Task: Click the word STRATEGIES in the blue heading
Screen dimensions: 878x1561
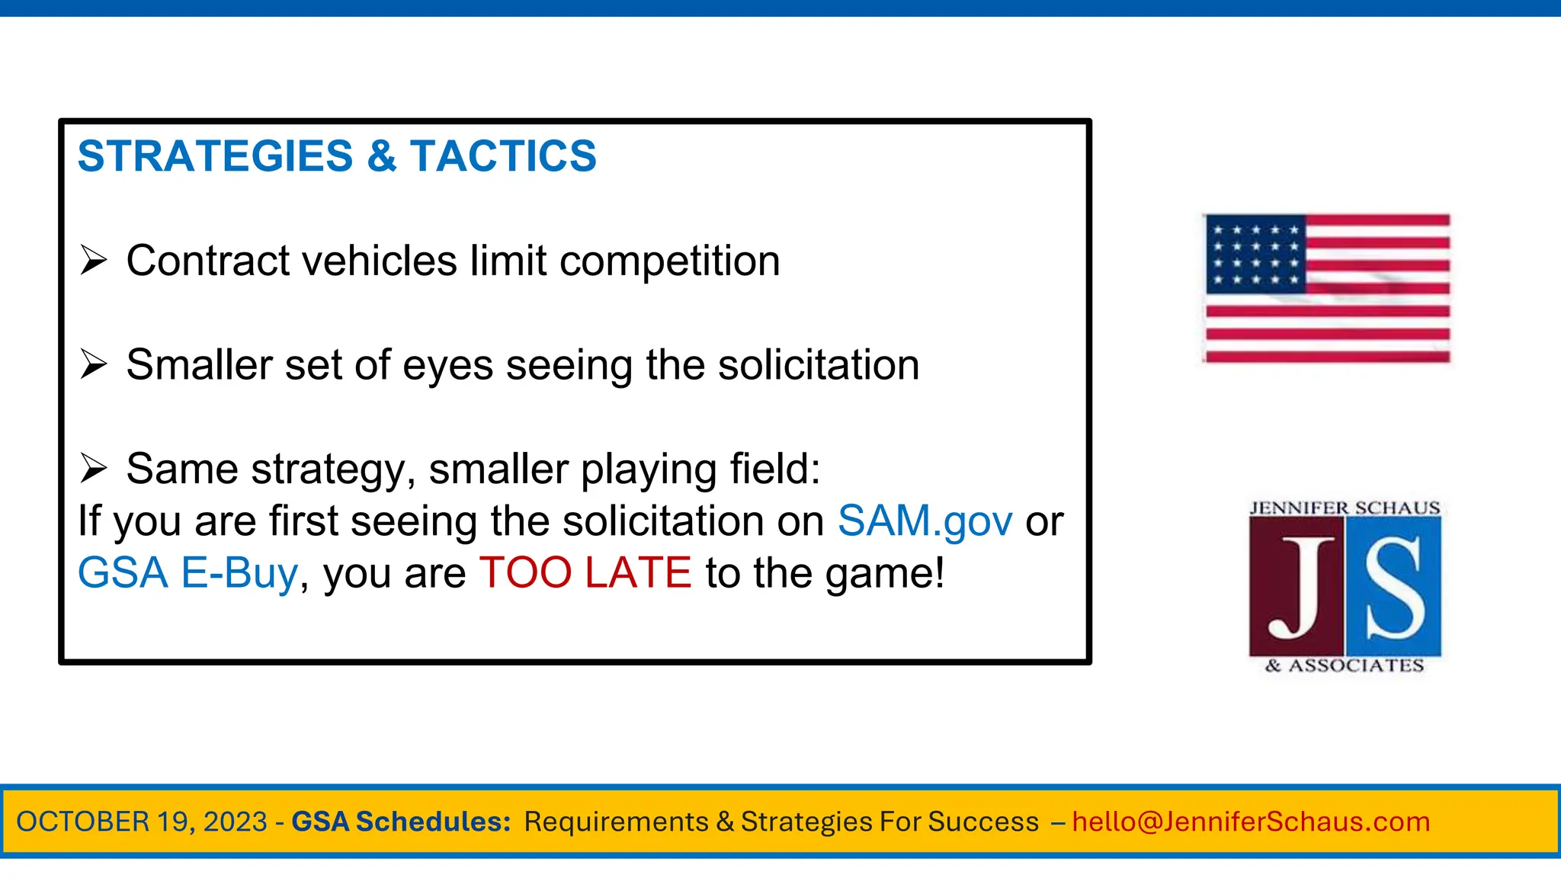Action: tap(215, 156)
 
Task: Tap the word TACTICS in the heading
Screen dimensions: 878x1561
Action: tap(503, 156)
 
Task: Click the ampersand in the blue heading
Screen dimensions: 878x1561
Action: tap(381, 156)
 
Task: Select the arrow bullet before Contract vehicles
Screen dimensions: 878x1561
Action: tap(94, 261)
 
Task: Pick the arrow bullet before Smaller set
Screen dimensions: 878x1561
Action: tap(94, 364)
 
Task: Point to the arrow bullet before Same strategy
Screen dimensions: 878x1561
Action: tap(94, 468)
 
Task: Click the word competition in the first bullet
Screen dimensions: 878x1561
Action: tap(670, 261)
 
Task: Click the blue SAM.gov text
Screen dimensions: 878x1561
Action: tap(925, 521)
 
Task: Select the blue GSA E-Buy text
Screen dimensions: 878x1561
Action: tap(188, 573)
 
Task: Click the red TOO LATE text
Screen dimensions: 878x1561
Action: tap(585, 573)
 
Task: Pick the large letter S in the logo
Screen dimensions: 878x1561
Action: tap(1394, 588)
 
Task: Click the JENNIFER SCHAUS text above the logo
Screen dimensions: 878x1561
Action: tap(1345, 508)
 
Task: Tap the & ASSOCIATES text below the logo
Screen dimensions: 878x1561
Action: tap(1345, 666)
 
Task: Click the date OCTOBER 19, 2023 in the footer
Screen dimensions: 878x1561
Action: tap(142, 822)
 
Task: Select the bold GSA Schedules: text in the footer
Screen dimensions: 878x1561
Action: tap(401, 822)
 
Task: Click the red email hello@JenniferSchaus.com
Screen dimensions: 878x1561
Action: tap(1251, 822)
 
